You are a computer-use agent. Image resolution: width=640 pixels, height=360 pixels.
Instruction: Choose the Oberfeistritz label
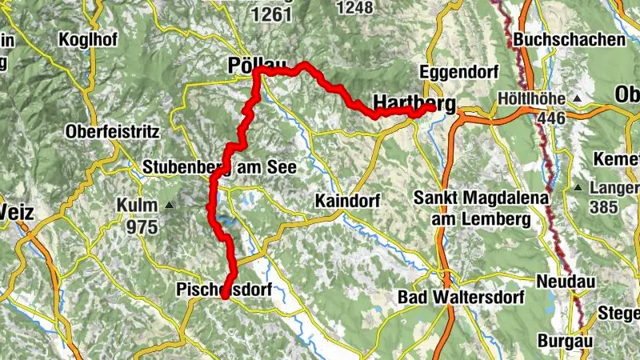coord(113,130)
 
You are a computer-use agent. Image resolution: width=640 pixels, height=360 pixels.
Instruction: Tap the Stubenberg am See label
coord(220,168)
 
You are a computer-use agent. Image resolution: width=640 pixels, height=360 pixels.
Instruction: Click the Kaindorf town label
coord(347,199)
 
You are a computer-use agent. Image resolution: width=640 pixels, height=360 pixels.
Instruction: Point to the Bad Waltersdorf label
coord(461,298)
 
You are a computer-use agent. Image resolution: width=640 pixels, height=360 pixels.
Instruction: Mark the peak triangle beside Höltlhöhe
coord(576,99)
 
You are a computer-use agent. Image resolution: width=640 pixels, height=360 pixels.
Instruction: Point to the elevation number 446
coord(552,118)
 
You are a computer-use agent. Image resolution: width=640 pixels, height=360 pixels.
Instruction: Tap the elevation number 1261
coord(271,14)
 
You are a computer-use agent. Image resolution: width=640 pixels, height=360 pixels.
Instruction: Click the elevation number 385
coord(605,207)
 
